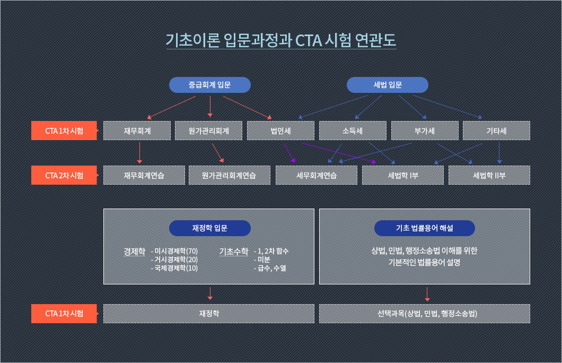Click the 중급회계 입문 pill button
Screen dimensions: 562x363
(x=209, y=85)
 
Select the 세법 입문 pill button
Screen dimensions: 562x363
(x=388, y=85)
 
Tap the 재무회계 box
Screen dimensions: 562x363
(x=137, y=131)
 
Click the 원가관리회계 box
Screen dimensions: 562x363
(x=208, y=131)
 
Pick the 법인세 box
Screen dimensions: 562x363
(x=280, y=131)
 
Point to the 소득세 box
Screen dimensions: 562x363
(x=353, y=131)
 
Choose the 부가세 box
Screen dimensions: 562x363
(x=425, y=131)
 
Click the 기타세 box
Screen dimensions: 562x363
(x=496, y=131)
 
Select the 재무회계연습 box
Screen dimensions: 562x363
(x=144, y=175)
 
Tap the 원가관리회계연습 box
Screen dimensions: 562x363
(x=230, y=175)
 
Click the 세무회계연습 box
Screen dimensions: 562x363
(x=317, y=175)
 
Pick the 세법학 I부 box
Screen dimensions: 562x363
(x=403, y=175)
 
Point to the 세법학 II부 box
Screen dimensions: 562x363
(x=489, y=175)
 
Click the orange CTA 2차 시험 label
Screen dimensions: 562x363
(x=65, y=175)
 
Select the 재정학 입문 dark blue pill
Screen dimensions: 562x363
(x=209, y=228)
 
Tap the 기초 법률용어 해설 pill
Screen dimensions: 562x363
(x=424, y=228)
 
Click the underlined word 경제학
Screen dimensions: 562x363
(x=135, y=252)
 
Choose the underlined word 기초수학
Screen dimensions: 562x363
(x=234, y=252)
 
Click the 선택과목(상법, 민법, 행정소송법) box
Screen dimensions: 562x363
(x=425, y=314)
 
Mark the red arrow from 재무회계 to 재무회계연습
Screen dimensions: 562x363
(x=139, y=153)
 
